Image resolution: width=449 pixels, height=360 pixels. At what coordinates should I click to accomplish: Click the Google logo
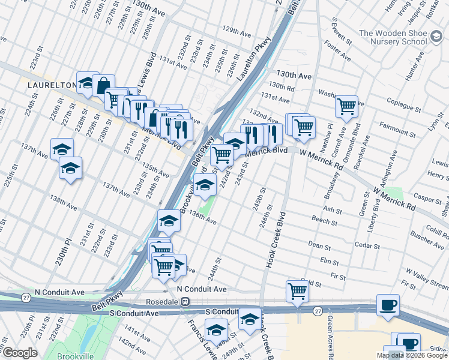tap(19, 353)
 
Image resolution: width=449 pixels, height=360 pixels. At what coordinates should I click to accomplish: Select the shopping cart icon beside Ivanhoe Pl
tap(346, 106)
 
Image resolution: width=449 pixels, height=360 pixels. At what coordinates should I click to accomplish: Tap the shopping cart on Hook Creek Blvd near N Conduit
tap(297, 290)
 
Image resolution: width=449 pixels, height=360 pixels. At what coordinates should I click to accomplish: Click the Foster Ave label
tap(337, 51)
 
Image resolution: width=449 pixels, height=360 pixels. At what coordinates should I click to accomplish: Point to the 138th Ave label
tap(64, 206)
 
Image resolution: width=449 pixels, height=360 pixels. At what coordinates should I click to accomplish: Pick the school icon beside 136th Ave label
tap(169, 221)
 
